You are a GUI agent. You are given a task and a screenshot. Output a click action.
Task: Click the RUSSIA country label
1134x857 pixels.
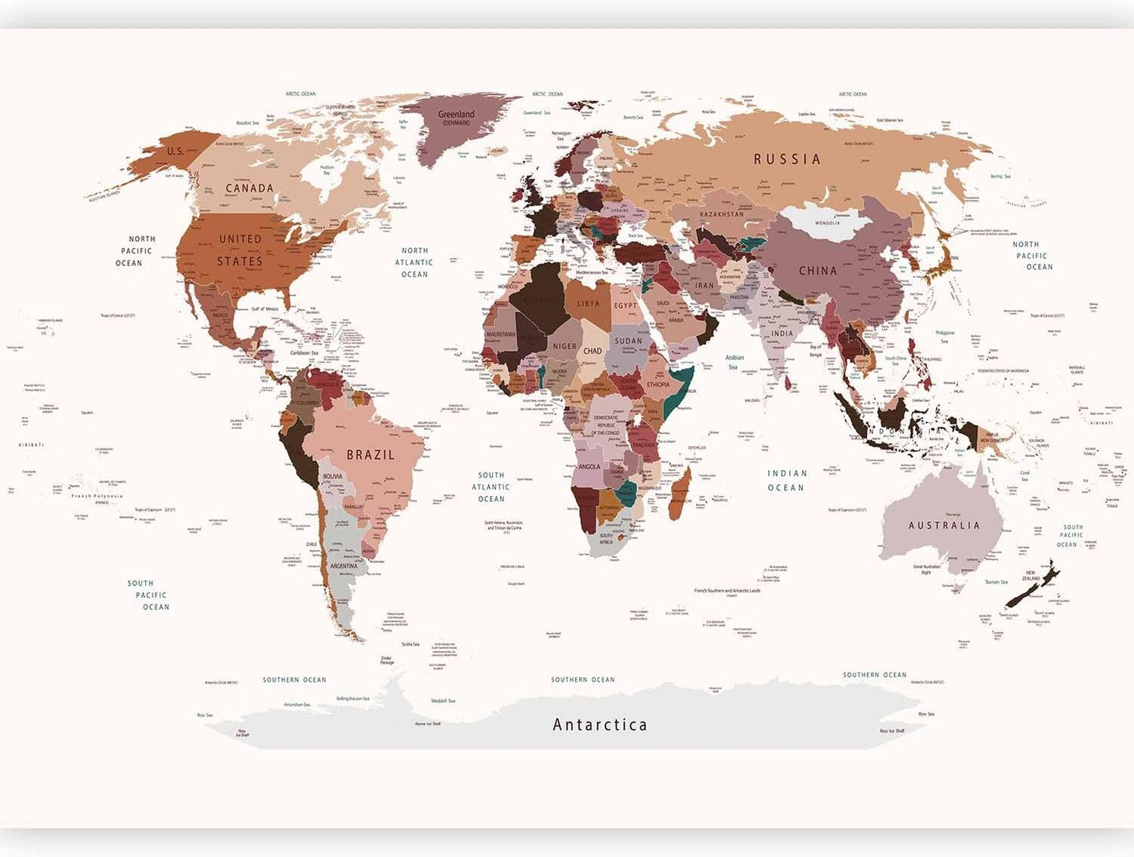point(787,159)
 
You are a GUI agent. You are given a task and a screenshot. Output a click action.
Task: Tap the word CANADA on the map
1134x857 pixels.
point(250,188)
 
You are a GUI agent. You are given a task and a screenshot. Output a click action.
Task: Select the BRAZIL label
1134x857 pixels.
point(370,454)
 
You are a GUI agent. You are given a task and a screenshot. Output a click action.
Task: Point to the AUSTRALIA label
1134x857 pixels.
point(944,525)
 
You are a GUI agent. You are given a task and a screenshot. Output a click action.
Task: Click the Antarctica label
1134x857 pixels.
point(600,724)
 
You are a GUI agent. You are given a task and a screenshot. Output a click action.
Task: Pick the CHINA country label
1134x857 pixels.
point(818,271)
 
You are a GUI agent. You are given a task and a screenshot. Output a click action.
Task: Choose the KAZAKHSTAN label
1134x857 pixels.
point(721,214)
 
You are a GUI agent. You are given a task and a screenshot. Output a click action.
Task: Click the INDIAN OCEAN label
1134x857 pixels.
point(786,480)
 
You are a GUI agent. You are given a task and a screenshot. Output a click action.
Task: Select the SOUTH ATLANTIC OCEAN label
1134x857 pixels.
point(491,487)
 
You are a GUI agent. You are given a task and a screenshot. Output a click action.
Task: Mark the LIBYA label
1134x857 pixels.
point(588,304)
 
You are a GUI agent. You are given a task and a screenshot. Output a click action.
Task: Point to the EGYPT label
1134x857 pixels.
point(625,305)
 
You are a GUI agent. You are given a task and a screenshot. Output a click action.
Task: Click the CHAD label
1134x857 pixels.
point(593,351)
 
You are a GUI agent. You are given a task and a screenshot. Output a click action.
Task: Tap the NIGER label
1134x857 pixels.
point(564,346)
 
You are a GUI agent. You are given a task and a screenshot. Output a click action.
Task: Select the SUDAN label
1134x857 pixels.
point(629,341)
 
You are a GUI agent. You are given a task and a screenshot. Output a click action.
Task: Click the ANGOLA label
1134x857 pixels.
point(589,466)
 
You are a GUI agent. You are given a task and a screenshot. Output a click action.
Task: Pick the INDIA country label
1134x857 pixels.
point(782,334)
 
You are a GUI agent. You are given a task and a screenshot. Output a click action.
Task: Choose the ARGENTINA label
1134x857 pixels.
point(344,566)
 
